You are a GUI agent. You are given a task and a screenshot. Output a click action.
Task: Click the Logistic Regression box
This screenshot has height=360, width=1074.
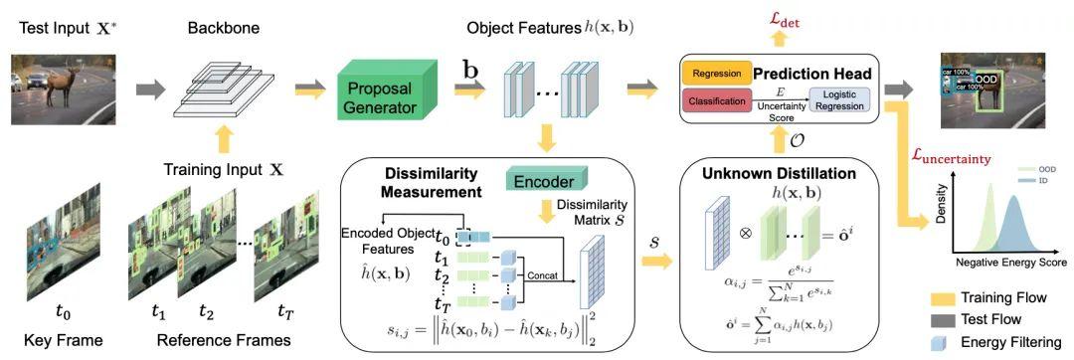[x=838, y=99]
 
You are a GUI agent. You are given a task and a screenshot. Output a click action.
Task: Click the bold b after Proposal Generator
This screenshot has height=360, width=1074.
[x=469, y=69]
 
